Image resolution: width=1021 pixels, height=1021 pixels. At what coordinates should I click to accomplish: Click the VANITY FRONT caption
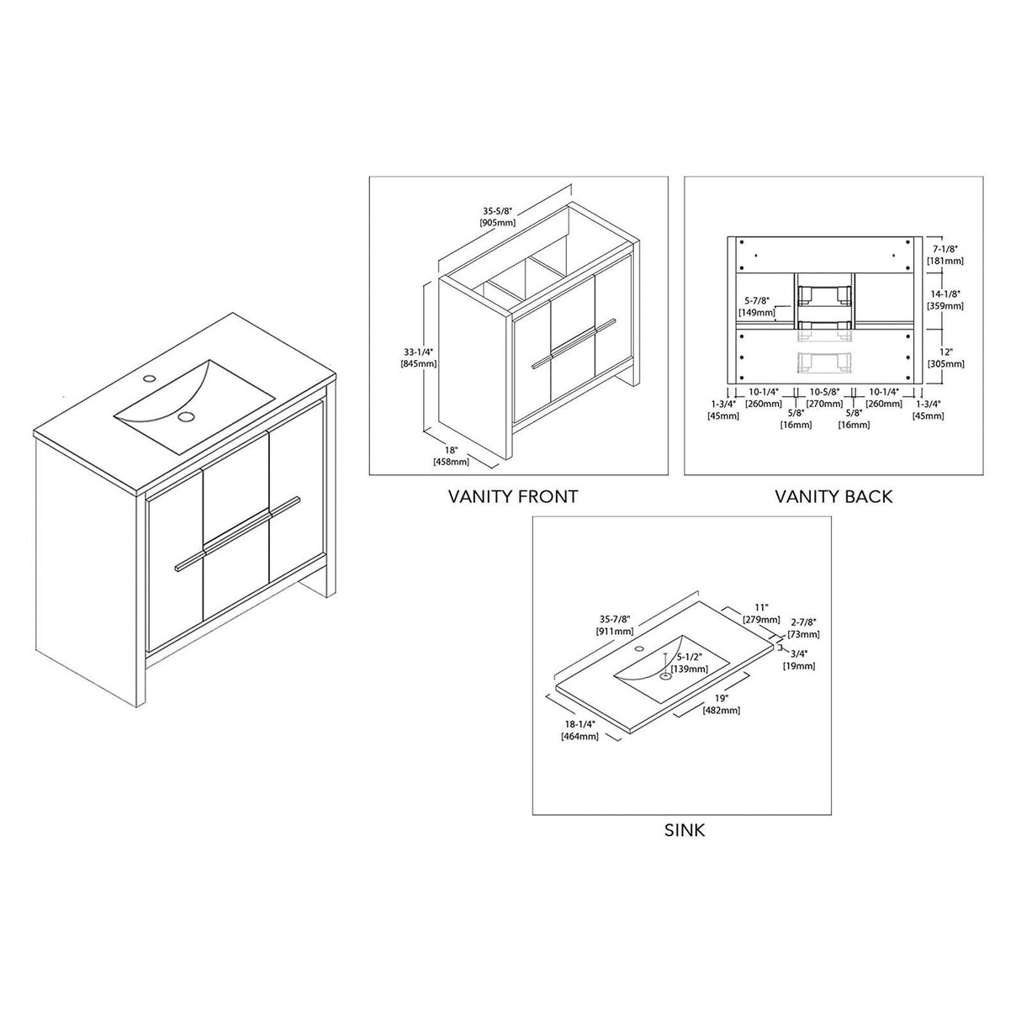point(513,496)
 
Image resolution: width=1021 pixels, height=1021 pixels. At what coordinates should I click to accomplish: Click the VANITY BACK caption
point(833,496)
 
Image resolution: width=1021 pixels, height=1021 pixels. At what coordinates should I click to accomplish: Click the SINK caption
point(685,831)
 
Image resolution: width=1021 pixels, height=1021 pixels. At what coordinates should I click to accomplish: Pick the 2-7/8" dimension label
point(803,627)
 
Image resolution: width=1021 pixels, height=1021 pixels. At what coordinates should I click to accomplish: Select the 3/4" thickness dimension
point(799,660)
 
